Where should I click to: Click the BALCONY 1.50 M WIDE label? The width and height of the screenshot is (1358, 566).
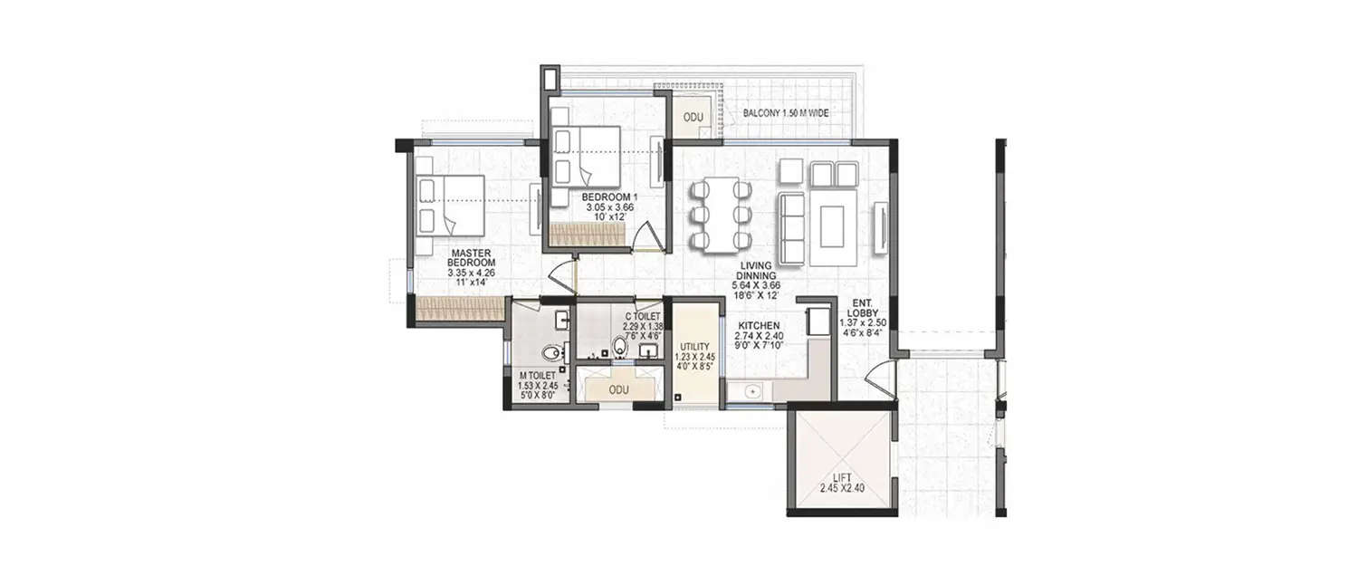[x=786, y=113]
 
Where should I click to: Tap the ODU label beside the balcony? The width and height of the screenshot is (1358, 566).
[x=693, y=118]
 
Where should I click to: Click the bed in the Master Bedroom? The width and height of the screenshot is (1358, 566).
[x=453, y=203]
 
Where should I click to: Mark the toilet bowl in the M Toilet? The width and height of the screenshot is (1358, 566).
[x=549, y=354]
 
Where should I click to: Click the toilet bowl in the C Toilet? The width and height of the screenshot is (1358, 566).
[x=620, y=345]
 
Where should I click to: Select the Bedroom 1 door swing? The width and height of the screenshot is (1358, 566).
[x=646, y=237]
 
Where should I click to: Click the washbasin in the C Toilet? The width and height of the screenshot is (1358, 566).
[x=649, y=347]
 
